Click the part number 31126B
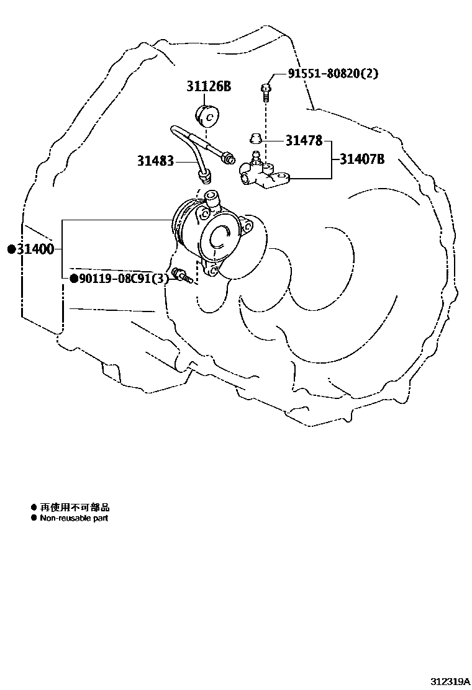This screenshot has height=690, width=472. click(208, 87)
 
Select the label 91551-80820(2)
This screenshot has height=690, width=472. click(332, 73)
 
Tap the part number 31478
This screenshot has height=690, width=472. click(304, 141)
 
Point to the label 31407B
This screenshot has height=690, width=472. click(361, 159)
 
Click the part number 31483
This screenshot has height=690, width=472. click(156, 161)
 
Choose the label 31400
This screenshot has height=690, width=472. click(35, 249)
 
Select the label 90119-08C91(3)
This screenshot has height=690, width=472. click(123, 279)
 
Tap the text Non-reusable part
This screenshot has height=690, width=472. click(74, 517)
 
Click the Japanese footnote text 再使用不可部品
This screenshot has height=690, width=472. click(75, 508)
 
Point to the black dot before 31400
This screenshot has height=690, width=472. click(11, 249)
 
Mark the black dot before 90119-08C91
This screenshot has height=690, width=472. click(73, 279)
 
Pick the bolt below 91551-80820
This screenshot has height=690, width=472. click(265, 91)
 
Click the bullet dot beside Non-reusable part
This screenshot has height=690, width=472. click(34, 517)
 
